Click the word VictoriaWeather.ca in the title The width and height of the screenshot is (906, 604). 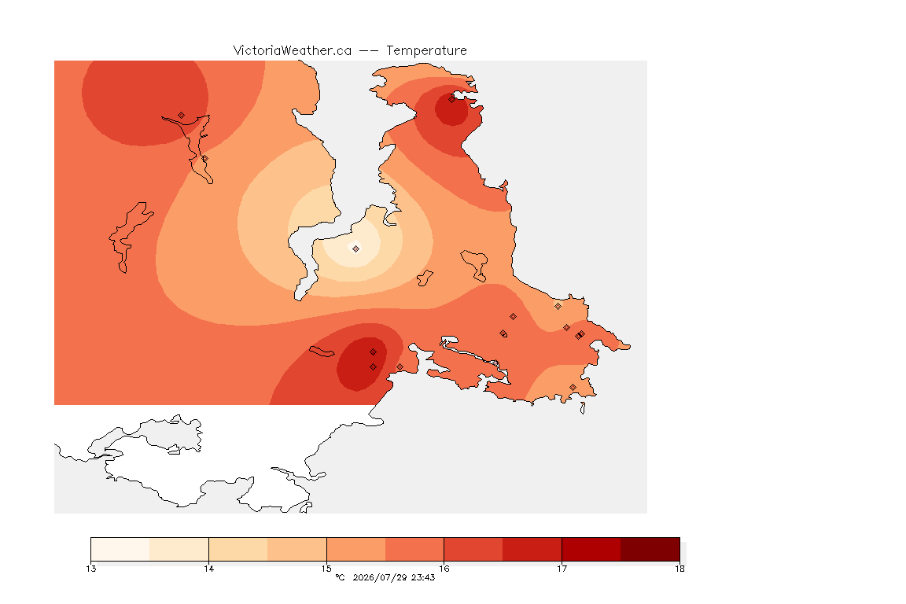tap(293, 51)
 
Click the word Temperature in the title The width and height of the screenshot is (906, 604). tap(426, 51)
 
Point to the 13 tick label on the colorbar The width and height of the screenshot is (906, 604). tap(90, 569)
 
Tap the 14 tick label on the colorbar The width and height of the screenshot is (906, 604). tap(208, 569)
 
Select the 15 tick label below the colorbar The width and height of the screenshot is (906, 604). tap(326, 569)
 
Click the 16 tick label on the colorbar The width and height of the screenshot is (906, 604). tap(444, 569)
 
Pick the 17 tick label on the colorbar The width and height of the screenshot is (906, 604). tap(562, 569)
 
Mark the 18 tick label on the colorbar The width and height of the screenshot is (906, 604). tap(679, 569)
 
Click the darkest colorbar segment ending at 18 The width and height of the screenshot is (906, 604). tap(650, 549)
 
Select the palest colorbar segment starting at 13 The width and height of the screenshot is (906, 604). tap(120, 549)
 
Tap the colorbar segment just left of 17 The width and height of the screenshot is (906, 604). tap(532, 549)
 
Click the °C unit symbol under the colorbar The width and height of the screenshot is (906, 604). tap(340, 577)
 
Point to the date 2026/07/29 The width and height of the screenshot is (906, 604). tap(379, 577)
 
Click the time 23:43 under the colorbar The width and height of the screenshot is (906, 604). tap(423, 577)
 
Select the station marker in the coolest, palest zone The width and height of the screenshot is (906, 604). tap(356, 249)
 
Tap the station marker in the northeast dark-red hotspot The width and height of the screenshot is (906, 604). tap(452, 99)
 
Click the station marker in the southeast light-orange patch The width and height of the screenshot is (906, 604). tap(573, 387)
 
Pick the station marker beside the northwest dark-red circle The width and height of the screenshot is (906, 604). tap(182, 116)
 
